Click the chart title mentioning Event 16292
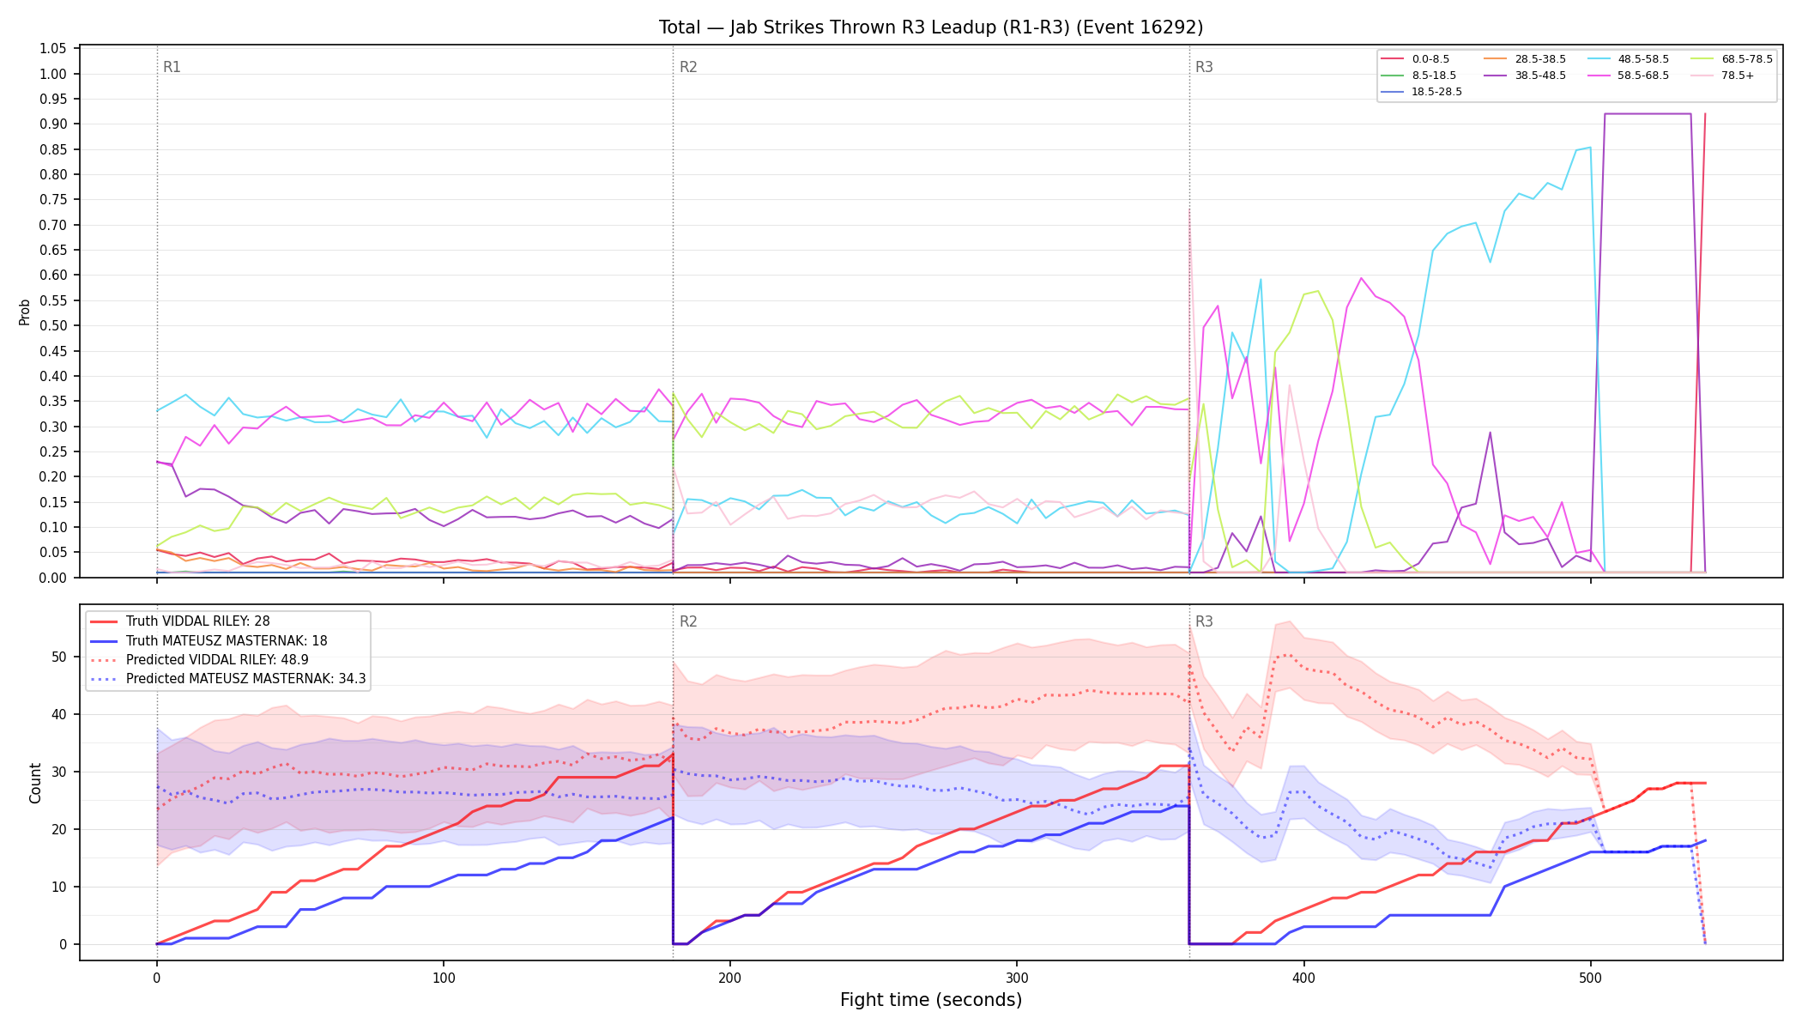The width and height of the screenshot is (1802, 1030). click(x=931, y=27)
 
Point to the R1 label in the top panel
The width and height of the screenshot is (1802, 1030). click(x=172, y=67)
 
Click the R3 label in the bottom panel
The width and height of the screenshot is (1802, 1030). click(x=1204, y=621)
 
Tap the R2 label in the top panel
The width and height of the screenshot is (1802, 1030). click(x=688, y=67)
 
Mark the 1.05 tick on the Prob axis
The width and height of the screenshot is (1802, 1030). click(x=53, y=48)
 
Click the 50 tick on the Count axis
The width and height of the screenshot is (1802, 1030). click(x=59, y=657)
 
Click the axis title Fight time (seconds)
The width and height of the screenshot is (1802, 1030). click(x=931, y=1000)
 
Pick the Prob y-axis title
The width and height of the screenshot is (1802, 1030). click(x=25, y=312)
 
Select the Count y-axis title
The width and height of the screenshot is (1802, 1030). click(x=35, y=783)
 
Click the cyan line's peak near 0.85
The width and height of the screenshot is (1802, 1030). click(x=1590, y=147)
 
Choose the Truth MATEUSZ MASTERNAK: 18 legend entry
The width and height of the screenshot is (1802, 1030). click(x=227, y=641)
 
